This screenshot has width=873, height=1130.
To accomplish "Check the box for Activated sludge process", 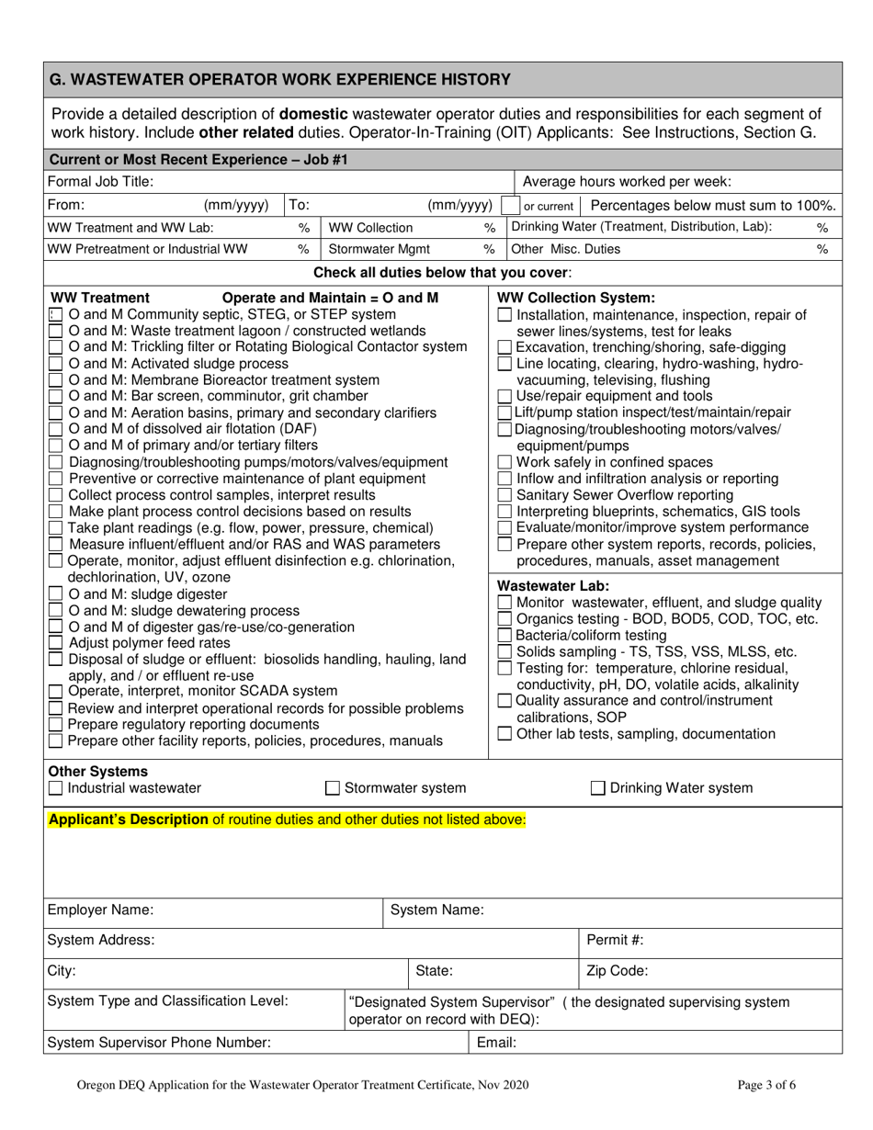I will pyautogui.click(x=55, y=363).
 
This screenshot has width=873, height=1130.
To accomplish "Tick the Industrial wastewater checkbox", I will pyautogui.click(x=55, y=788).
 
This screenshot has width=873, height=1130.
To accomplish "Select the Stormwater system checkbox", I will pyautogui.click(x=334, y=788).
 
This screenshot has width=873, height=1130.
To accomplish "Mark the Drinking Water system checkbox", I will pyautogui.click(x=597, y=788).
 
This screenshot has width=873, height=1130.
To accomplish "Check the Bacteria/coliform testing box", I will pyautogui.click(x=505, y=635).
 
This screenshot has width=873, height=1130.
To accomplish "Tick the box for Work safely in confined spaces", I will pyautogui.click(x=505, y=462).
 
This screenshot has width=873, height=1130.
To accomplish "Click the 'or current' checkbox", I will pyautogui.click(x=508, y=206).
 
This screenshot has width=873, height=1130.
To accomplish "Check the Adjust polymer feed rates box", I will pyautogui.click(x=55, y=643).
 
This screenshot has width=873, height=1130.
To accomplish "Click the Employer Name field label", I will pyautogui.click(x=100, y=910).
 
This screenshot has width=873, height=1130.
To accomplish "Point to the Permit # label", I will pyautogui.click(x=614, y=940).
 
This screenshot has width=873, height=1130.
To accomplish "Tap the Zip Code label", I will pyautogui.click(x=617, y=970).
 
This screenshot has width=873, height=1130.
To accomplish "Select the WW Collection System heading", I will pyautogui.click(x=576, y=298).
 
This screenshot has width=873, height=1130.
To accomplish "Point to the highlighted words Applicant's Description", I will pyautogui.click(x=128, y=819).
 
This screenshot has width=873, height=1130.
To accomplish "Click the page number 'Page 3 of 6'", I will pyautogui.click(x=766, y=1085).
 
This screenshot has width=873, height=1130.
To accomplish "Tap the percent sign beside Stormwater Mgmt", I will pyautogui.click(x=489, y=249).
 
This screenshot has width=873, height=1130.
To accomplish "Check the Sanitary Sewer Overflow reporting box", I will pyautogui.click(x=505, y=495).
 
